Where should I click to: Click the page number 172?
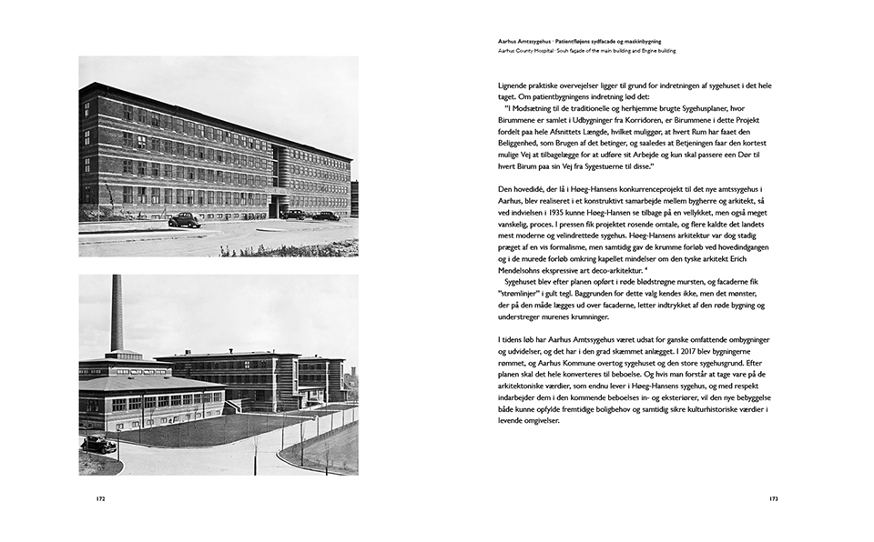101,498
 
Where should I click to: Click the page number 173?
772,498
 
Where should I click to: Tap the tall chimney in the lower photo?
117,315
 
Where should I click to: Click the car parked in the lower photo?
98,444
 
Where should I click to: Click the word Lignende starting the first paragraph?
514,85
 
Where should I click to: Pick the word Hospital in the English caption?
551,50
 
